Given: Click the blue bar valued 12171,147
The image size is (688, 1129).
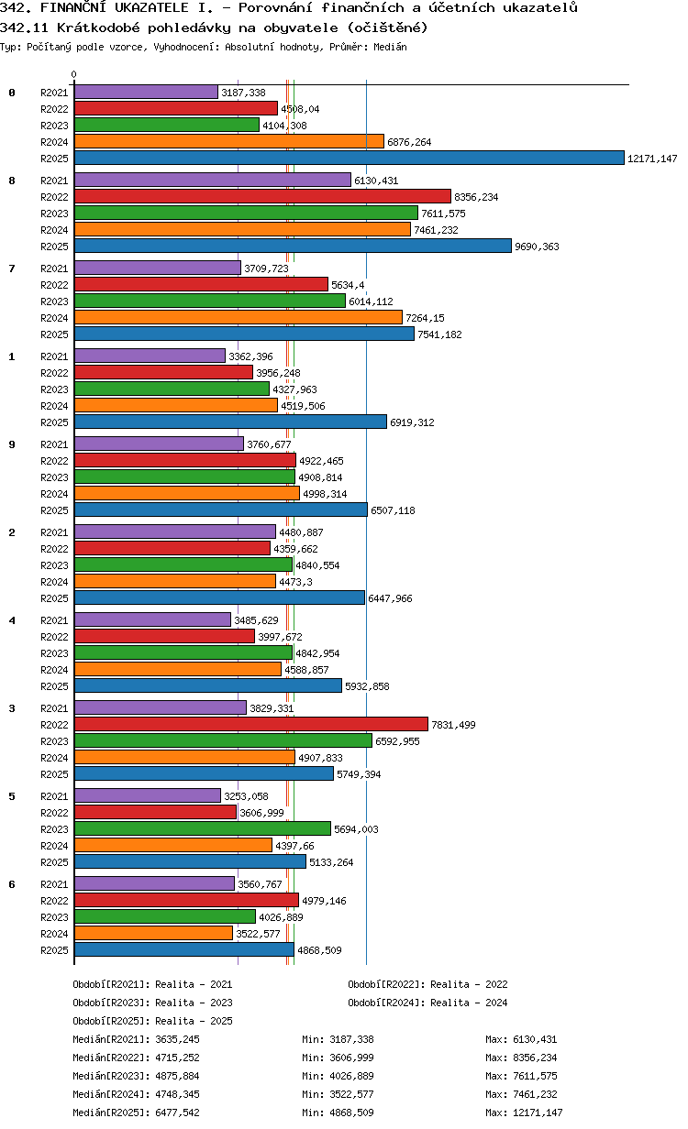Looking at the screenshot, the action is (349, 159).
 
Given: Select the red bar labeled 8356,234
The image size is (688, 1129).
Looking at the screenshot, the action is (262, 196).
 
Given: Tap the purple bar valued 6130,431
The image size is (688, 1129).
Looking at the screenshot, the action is (212, 180).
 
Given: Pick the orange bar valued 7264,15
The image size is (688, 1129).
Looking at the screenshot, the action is (239, 317).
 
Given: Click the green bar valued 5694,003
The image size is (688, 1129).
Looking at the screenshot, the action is (202, 828).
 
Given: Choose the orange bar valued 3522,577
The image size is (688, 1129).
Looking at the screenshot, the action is (153, 933).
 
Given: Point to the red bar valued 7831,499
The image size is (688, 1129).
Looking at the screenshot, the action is (251, 724).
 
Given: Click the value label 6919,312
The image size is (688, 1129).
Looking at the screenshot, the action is (412, 422).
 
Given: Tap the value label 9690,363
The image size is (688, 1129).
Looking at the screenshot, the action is (537, 247).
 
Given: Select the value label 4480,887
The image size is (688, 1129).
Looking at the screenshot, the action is (301, 532).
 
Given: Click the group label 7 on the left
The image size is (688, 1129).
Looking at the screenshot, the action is (12, 269).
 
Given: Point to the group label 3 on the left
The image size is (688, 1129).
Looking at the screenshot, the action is (12, 708).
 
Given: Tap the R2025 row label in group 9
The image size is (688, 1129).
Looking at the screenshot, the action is (54, 510).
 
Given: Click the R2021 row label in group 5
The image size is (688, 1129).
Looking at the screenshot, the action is (54, 795).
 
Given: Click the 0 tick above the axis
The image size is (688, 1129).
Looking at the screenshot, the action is (74, 74).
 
